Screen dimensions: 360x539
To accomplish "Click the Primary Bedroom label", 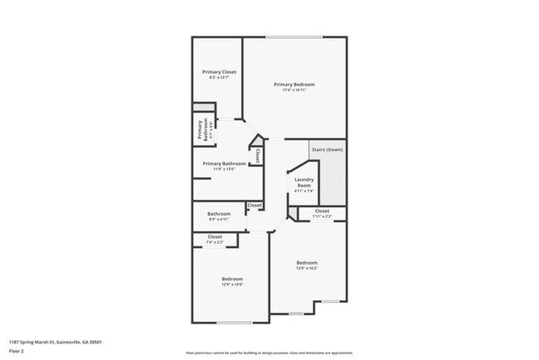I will click(294, 85).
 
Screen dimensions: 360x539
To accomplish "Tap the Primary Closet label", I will click(220, 72).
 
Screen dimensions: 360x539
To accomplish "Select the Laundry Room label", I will click(303, 182).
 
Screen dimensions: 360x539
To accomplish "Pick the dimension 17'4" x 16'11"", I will click(294, 91).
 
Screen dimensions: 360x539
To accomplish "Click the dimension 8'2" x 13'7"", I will click(220, 79).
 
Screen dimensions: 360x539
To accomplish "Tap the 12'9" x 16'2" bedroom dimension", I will click(307, 268).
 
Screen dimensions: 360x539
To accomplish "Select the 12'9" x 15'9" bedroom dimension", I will click(231, 285).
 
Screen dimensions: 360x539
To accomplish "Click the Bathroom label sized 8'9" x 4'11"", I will click(219, 214).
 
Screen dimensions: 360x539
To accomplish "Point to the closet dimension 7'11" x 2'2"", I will click(322, 216).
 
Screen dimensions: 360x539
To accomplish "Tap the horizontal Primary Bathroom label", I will click(224, 163).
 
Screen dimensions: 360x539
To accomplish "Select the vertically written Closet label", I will click(258, 155).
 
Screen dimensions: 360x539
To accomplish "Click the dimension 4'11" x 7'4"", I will click(303, 192).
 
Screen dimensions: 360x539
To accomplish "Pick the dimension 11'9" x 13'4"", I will click(224, 169).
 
